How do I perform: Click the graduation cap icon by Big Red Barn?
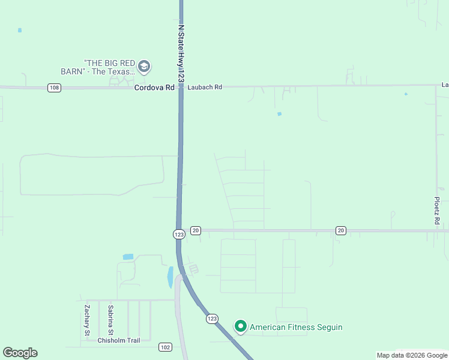click(144, 66)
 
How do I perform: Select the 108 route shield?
click(55, 88)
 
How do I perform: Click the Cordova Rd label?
click(154, 88)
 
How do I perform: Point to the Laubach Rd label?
click(205, 88)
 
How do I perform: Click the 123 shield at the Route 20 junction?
click(179, 234)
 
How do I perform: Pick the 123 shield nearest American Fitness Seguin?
click(212, 319)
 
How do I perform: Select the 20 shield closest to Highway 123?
click(196, 230)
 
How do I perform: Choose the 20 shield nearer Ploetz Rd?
click(341, 230)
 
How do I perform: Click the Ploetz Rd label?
click(438, 211)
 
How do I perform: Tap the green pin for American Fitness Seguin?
click(241, 326)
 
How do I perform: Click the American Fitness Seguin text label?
click(296, 327)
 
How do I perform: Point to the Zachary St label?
click(87, 320)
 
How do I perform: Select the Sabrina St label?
click(110, 320)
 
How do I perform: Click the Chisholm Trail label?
click(118, 341)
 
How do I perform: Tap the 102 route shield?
click(166, 347)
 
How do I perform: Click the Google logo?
click(20, 353)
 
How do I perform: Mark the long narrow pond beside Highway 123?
click(170, 277)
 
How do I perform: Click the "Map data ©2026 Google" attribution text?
click(412, 355)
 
